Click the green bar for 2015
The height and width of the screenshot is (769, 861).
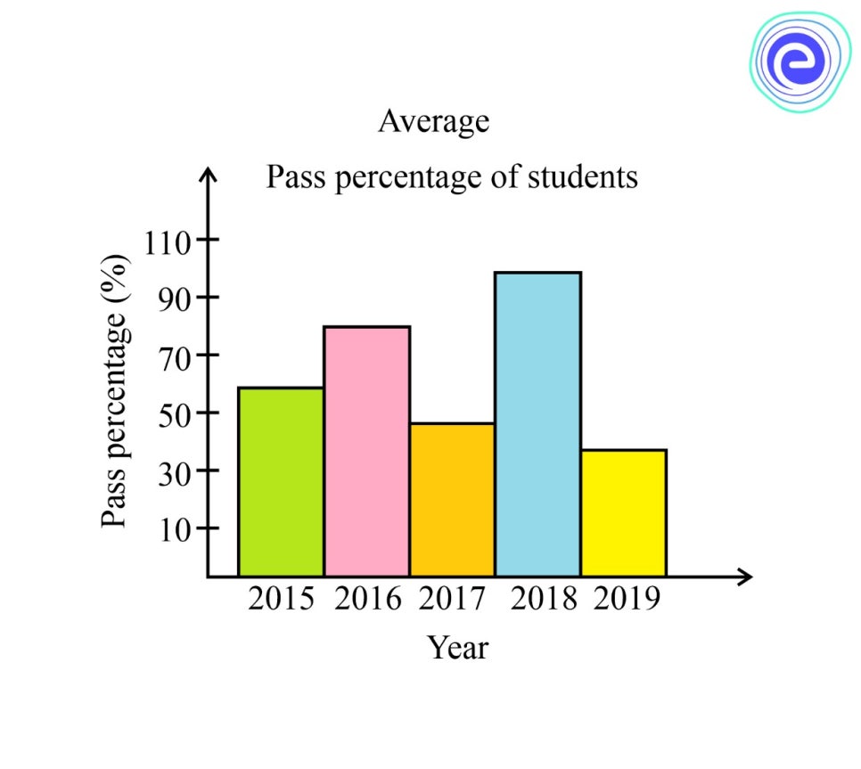point(281,482)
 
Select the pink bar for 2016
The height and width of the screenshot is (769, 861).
point(366,451)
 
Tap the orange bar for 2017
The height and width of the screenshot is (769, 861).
point(452,500)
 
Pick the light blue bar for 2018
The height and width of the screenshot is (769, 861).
point(537,424)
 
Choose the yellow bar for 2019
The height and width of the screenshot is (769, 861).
point(623,513)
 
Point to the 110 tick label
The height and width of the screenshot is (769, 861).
point(170,241)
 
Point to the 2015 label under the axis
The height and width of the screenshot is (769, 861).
point(281,599)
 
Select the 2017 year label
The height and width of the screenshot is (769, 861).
point(452,599)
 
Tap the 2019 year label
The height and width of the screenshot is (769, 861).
point(627,599)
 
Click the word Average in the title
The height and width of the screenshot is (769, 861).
point(434,120)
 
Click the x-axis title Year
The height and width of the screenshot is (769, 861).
point(458,647)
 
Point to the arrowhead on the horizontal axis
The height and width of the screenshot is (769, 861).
point(744,577)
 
